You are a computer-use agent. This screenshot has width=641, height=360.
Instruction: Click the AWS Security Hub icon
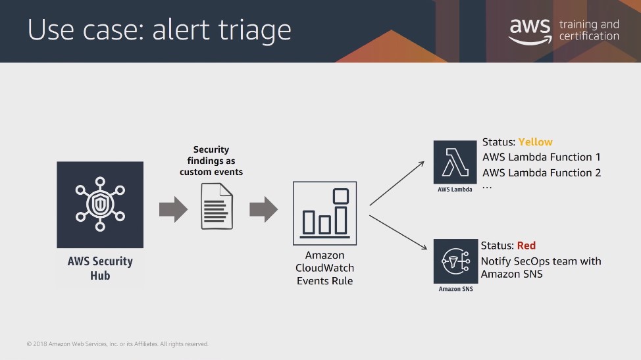pyautogui.click(x=100, y=205)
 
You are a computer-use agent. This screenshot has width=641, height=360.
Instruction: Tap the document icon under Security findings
pyautogui.click(x=217, y=206)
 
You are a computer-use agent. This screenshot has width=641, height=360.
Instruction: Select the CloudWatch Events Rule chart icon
pyautogui.click(x=324, y=213)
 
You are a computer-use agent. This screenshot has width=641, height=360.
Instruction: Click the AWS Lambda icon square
pyautogui.click(x=455, y=162)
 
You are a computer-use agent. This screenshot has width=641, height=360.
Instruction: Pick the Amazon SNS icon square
pyautogui.click(x=455, y=261)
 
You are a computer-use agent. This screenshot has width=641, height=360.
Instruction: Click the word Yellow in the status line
pyautogui.click(x=535, y=141)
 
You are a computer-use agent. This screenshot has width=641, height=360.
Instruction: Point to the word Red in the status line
pyautogui.click(x=526, y=245)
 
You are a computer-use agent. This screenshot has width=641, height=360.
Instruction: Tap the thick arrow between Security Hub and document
pyautogui.click(x=173, y=209)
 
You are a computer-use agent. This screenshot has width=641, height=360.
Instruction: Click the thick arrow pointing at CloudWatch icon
pyautogui.click(x=264, y=209)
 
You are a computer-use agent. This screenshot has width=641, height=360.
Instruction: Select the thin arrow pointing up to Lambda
pyautogui.click(x=397, y=184)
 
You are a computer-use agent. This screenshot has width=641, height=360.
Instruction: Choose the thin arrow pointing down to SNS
pyautogui.click(x=398, y=232)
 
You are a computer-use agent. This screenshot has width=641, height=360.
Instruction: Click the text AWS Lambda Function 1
pyautogui.click(x=541, y=157)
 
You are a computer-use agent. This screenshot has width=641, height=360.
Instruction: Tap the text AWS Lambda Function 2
pyautogui.click(x=541, y=172)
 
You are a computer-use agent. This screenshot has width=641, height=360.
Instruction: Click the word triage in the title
pyautogui.click(x=255, y=30)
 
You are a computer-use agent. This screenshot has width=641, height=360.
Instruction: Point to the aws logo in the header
pyautogui.click(x=530, y=32)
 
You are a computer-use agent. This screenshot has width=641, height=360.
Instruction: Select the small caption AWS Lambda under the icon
pyautogui.click(x=455, y=190)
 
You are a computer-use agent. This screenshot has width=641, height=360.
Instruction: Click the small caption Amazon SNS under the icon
pyautogui.click(x=455, y=289)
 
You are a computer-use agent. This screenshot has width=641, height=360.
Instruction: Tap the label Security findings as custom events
pyautogui.click(x=211, y=161)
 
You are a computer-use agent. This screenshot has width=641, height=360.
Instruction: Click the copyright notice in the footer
pyautogui.click(x=117, y=344)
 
